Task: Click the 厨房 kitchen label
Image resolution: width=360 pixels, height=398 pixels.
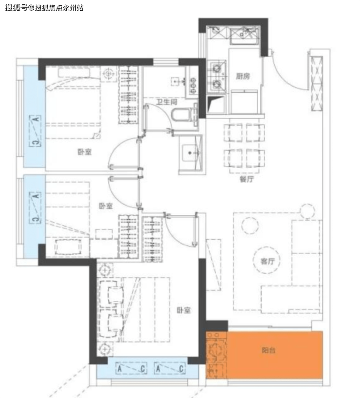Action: click(x=243, y=76)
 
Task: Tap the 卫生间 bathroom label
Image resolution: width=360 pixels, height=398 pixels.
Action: click(x=167, y=102)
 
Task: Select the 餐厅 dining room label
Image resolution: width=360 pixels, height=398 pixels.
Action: click(x=247, y=179)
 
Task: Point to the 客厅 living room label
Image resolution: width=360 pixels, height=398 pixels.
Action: click(x=267, y=261)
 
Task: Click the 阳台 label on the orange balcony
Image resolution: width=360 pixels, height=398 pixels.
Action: click(x=269, y=350)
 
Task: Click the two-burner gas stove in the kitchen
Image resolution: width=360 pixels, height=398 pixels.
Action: click(x=217, y=76)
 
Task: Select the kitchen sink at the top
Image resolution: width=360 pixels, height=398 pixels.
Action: click(x=244, y=35)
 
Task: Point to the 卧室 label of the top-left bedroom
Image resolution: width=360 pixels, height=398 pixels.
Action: click(x=85, y=152)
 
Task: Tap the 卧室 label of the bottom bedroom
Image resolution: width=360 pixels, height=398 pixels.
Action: click(x=184, y=310)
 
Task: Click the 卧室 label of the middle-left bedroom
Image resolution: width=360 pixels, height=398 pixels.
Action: click(x=106, y=206)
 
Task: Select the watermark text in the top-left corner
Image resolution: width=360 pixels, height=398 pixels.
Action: click(x=44, y=8)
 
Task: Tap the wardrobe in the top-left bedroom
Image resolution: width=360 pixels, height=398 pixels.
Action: click(x=128, y=95)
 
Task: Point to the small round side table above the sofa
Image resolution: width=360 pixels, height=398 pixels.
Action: click(x=307, y=211)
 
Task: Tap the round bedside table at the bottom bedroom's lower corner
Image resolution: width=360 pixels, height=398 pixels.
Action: click(x=105, y=349)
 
